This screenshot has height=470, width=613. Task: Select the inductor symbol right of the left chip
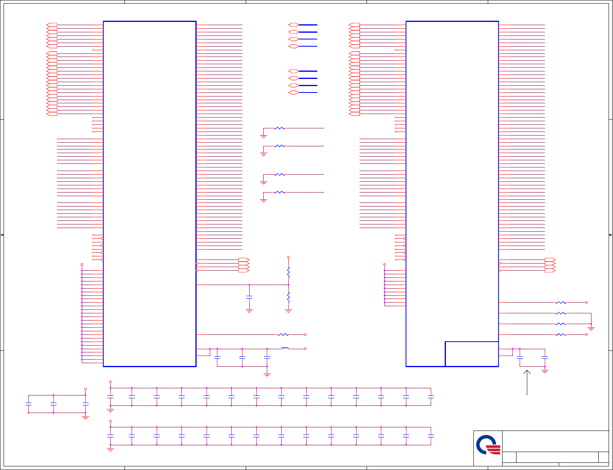click(x=285, y=348)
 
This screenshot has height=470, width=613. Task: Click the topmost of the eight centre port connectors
click(x=294, y=25)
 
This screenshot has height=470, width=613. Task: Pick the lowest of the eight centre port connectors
click(x=294, y=92)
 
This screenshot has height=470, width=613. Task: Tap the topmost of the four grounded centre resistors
click(x=280, y=128)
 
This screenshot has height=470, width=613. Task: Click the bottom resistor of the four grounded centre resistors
click(x=280, y=192)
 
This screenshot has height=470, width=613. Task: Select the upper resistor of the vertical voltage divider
click(x=288, y=272)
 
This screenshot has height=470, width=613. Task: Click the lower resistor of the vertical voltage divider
click(x=288, y=297)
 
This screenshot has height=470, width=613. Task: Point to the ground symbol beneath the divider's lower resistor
click(x=288, y=311)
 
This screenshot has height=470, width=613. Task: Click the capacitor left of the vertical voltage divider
click(x=249, y=297)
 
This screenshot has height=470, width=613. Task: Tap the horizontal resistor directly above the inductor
click(x=283, y=334)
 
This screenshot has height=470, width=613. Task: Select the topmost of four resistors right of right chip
click(x=561, y=303)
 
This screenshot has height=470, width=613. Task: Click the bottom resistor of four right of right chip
click(x=561, y=334)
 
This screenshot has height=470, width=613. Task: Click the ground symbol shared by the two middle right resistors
click(x=591, y=328)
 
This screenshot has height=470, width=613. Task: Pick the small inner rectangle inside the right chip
click(x=472, y=354)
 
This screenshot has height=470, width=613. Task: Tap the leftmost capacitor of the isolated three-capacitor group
click(x=28, y=404)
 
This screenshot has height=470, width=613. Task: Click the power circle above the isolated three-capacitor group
click(x=85, y=389)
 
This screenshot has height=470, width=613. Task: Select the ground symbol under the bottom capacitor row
click(x=110, y=449)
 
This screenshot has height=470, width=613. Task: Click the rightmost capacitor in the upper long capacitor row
click(x=431, y=397)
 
